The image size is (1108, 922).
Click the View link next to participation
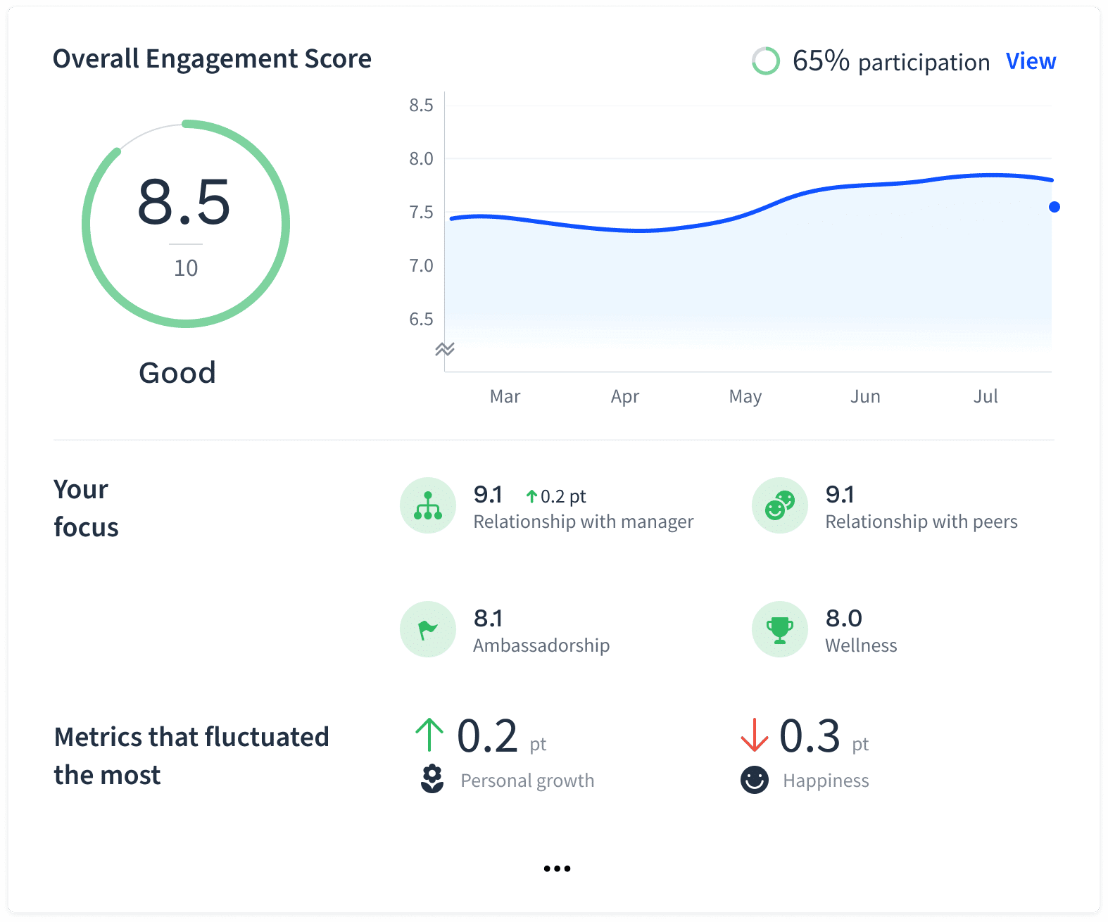click(x=1031, y=62)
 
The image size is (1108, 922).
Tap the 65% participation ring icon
click(x=766, y=61)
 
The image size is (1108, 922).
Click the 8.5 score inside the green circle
click(x=184, y=203)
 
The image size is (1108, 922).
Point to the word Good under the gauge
click(x=177, y=373)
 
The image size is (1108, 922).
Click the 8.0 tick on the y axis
click(x=421, y=159)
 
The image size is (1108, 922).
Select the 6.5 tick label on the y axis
click(x=421, y=320)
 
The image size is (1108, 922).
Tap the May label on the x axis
click(x=745, y=396)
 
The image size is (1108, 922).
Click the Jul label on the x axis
click(x=986, y=396)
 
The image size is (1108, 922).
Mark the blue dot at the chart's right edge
click(x=1054, y=207)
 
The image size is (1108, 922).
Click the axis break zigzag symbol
click(x=445, y=349)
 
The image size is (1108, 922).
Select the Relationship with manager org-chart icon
click(x=428, y=505)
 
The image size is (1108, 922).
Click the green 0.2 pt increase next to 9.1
click(x=556, y=497)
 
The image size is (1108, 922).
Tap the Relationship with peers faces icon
click(x=780, y=505)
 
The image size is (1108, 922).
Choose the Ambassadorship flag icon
click(x=428, y=629)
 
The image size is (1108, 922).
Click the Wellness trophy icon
click(x=780, y=629)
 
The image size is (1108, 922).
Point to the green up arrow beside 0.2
click(x=429, y=735)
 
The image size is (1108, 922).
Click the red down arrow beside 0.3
click(x=754, y=735)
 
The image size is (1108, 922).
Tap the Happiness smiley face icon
click(x=755, y=780)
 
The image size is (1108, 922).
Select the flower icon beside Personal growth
click(x=432, y=779)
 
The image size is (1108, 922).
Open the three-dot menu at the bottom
click(x=557, y=869)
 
